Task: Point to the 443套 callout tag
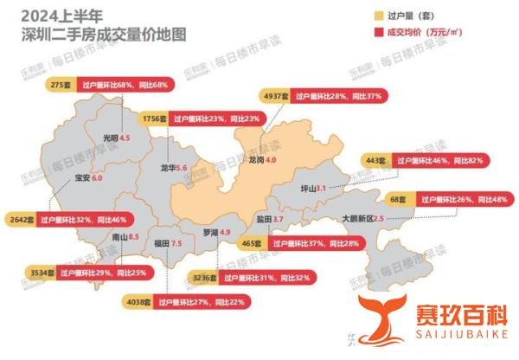(375, 160)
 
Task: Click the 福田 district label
(160, 245)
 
